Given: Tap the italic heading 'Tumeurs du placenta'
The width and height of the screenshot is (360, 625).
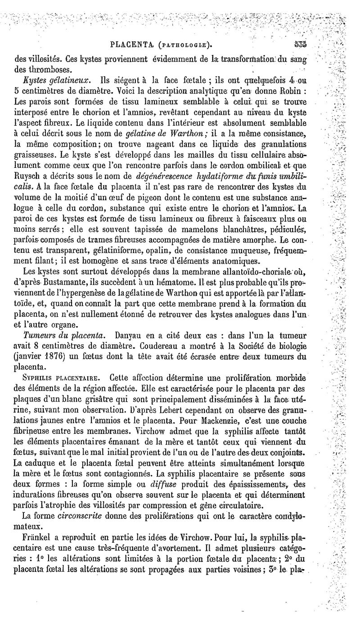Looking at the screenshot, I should point(64,335).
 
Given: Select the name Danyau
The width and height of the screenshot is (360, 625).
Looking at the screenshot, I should point(130,335).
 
